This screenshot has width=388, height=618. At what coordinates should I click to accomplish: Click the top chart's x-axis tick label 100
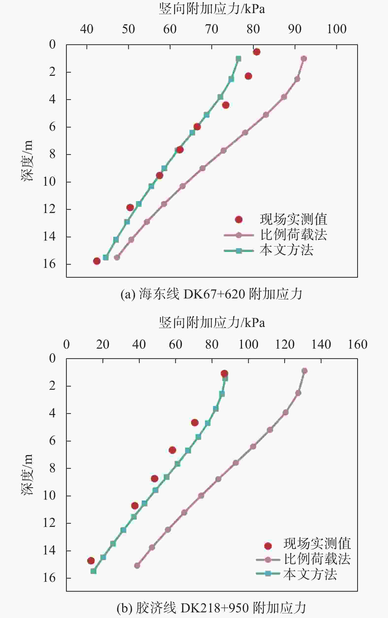(337, 29)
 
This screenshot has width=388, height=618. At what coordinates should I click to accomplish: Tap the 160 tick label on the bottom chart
(357, 344)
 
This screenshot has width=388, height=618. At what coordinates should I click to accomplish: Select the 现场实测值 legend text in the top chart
(294, 219)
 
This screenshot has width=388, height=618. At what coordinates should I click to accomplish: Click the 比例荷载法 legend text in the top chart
(294, 235)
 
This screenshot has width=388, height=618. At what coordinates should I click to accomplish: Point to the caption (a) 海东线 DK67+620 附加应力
(211, 294)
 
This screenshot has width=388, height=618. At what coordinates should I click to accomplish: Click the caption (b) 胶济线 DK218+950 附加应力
(211, 608)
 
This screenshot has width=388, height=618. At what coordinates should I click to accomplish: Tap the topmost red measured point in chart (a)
(257, 52)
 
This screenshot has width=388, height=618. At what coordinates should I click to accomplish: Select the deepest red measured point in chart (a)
(97, 261)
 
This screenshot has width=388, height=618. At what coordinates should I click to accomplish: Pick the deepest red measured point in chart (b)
(91, 561)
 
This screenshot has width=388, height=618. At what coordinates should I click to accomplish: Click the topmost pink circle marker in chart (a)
(304, 59)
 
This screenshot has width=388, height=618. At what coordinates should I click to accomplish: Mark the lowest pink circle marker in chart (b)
(137, 565)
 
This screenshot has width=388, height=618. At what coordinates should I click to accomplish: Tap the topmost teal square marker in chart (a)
(238, 59)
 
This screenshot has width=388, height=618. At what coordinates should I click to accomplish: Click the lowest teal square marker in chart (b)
(93, 571)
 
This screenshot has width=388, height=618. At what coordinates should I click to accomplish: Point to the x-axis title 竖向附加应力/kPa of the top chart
(212, 9)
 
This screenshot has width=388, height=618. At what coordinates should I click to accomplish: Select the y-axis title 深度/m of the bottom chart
(27, 474)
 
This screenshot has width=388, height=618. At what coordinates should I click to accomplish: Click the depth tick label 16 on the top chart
(49, 264)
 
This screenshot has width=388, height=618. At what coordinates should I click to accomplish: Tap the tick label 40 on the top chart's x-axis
(87, 29)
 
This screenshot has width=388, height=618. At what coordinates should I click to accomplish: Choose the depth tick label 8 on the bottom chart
(52, 468)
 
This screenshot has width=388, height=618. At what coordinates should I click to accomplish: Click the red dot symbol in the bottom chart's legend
(268, 546)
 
